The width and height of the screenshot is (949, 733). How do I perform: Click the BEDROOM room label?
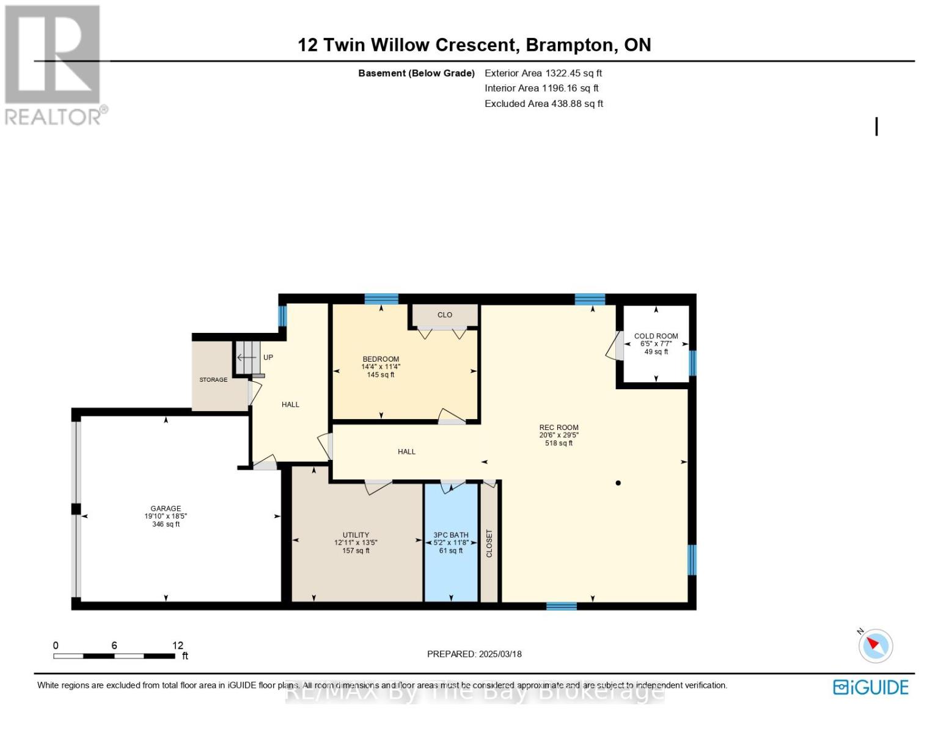(380, 359)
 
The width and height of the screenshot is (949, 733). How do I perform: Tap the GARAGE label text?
(166, 508)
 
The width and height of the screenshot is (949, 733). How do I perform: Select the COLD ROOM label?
(656, 336)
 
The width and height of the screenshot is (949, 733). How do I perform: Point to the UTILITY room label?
(356, 535)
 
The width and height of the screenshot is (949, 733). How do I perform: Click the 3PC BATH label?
(451, 535)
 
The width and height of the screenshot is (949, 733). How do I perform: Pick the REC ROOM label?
(559, 428)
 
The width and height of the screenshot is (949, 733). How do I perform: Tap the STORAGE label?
(213, 379)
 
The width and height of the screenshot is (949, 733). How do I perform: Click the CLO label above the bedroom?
(445, 315)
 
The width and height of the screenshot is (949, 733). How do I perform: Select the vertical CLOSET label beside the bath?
(489, 543)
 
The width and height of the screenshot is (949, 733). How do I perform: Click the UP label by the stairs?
(268, 357)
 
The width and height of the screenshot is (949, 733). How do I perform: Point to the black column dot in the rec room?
(618, 483)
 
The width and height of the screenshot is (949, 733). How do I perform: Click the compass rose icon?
(875, 646)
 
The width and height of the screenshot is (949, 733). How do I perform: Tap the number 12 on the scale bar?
(177, 645)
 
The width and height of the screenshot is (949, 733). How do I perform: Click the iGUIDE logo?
(871, 687)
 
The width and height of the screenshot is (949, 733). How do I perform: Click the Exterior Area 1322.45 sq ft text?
(543, 73)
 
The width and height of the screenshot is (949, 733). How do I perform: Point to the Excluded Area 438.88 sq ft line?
(544, 103)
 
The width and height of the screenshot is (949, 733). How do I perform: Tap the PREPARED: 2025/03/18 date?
(474, 654)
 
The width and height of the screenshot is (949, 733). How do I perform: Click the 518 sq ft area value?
(559, 443)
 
